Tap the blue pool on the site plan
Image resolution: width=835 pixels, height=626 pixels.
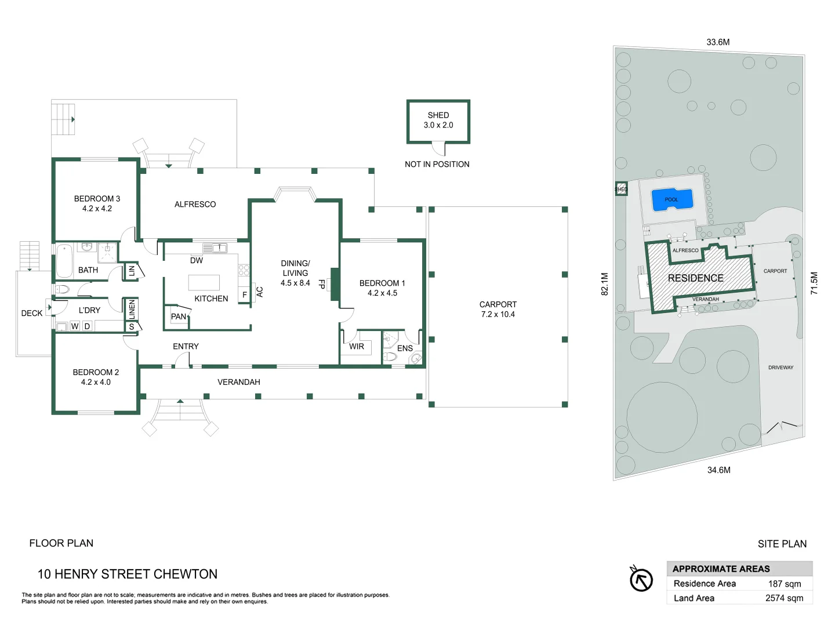(x=672, y=200)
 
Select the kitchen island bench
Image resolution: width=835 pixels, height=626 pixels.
(x=204, y=283)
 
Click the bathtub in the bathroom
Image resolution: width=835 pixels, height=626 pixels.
(x=64, y=261)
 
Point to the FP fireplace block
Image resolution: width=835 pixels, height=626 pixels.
(x=335, y=284)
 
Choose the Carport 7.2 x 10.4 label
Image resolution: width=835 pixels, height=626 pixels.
(x=498, y=310)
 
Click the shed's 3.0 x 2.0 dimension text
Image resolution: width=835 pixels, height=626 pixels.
(x=438, y=125)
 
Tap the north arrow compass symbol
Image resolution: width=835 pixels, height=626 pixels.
(x=641, y=578)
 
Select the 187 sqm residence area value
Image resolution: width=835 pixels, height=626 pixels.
(x=785, y=584)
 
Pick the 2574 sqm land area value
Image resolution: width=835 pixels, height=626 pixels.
(x=785, y=598)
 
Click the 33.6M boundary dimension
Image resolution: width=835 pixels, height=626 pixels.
(x=718, y=42)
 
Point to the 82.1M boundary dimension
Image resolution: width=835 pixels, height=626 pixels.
(x=605, y=284)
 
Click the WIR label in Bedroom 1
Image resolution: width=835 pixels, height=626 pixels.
(x=357, y=346)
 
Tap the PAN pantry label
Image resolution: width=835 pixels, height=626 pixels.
(x=179, y=316)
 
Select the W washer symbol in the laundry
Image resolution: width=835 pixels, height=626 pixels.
(x=75, y=326)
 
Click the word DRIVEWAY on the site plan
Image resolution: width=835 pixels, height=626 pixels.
(x=780, y=367)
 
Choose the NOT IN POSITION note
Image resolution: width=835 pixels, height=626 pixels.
(x=437, y=164)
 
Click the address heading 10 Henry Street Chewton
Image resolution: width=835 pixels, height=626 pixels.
(x=128, y=574)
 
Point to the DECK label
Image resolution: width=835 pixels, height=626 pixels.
(x=32, y=313)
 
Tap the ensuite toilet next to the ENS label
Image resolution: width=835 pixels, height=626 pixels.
(x=390, y=357)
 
